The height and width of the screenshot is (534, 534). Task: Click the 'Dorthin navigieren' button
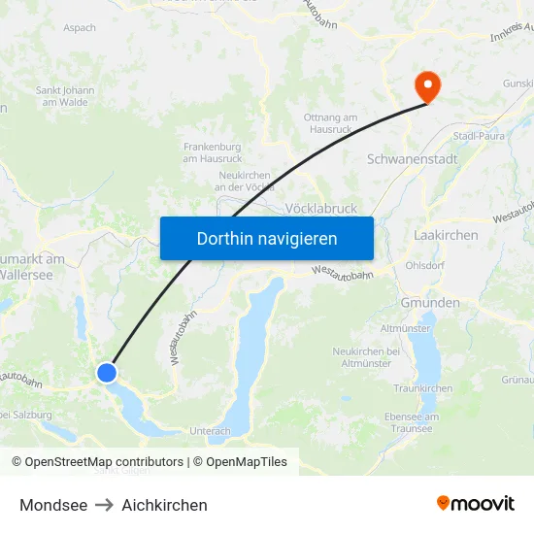pos(267,238)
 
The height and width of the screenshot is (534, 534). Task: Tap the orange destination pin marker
pos(427,86)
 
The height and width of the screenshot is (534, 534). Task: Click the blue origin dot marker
pos(107,372)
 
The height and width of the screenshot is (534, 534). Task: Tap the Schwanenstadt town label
pos(413,158)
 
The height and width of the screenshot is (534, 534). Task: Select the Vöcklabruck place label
pos(321,208)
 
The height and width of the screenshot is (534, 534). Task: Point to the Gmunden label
pos(430,303)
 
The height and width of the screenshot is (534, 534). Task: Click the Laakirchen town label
pos(446,235)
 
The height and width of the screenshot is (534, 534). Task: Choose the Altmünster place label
pos(406,328)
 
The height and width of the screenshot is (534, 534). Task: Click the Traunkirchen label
pos(422,388)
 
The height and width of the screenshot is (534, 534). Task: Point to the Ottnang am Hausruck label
pos(330,122)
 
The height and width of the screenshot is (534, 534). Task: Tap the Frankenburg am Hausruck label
pos(212,151)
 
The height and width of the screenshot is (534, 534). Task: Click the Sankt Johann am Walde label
pos(65,96)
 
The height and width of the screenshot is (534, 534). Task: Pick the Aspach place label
pos(79,28)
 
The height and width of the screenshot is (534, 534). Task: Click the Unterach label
pos(210,431)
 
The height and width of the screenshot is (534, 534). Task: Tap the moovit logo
pos(475,504)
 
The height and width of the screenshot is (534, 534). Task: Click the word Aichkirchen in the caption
pos(164,505)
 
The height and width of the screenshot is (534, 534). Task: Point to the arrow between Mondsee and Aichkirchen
pos(104,505)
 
